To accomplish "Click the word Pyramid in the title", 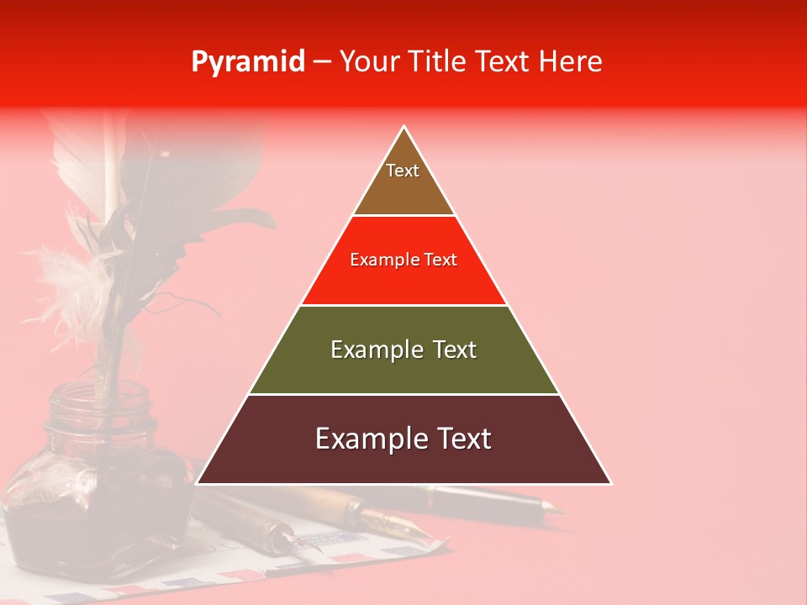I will (x=248, y=61).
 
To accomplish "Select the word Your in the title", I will (x=367, y=61).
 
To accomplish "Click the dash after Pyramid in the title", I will (x=322, y=62).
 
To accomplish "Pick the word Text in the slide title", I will (x=504, y=61).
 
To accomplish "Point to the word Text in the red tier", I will (x=441, y=260).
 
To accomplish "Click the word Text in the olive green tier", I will (x=456, y=350).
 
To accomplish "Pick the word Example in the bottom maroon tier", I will (x=368, y=439).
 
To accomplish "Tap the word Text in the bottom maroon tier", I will (x=463, y=439).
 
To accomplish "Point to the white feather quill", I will (x=84, y=168).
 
